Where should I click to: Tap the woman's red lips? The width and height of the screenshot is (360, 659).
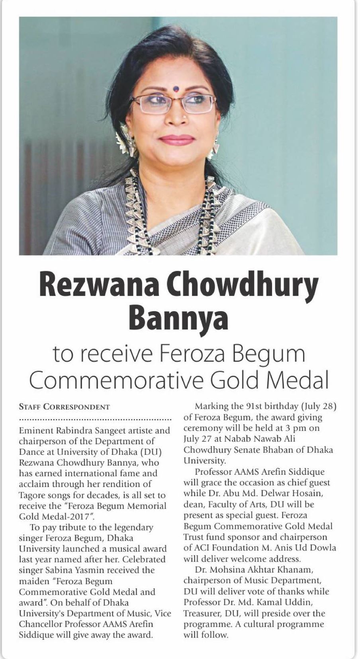tap(176, 140)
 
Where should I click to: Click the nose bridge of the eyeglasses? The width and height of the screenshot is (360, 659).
tap(174, 100)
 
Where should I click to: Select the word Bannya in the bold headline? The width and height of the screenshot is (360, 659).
tap(179, 318)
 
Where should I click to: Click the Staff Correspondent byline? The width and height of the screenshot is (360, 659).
tap(65, 407)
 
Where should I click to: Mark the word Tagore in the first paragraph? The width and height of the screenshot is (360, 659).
tap(33, 495)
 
